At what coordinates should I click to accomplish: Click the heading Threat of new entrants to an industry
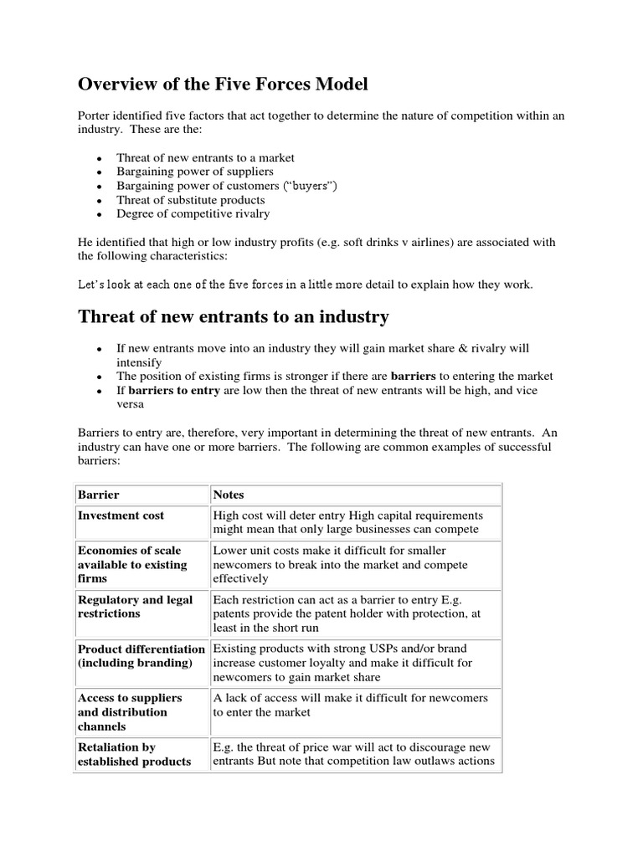(234, 316)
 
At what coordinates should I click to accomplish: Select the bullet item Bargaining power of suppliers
(195, 172)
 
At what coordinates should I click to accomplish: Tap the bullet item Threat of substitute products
(191, 200)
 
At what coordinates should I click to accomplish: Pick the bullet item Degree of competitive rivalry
(193, 214)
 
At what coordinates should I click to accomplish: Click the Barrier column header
(99, 495)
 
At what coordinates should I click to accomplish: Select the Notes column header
(229, 495)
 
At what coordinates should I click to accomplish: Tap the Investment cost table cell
(121, 516)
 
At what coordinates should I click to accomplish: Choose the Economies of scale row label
(129, 564)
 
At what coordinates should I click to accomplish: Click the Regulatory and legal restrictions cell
(134, 607)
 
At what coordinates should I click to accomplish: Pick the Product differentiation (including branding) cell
(141, 655)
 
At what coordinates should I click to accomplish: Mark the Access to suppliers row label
(129, 711)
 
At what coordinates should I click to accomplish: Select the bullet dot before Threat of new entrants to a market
(99, 158)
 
